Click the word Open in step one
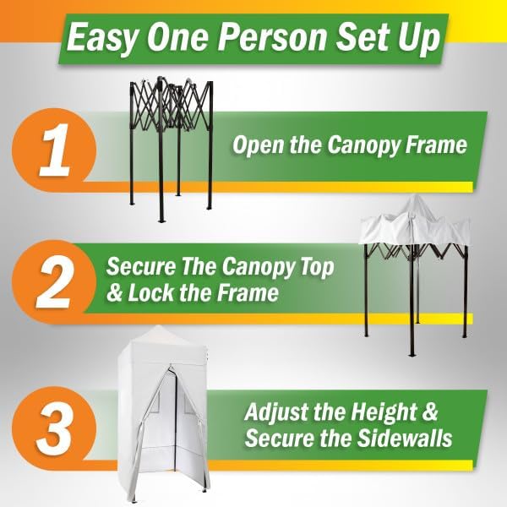coord(255,145)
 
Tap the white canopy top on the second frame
coord(414,224)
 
